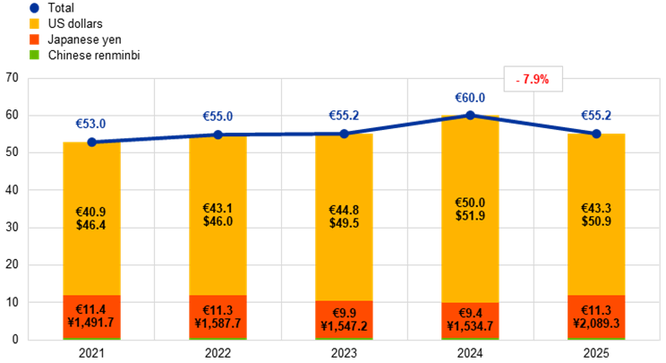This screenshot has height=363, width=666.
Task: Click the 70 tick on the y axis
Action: (12, 78)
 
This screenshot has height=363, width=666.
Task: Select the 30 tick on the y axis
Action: (12, 228)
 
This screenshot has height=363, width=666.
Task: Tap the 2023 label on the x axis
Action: (344, 353)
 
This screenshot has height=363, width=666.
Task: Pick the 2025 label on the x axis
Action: (596, 353)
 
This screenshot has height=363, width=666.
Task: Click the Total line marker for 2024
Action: (470, 115)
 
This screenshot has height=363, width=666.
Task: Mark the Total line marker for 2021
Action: (91, 142)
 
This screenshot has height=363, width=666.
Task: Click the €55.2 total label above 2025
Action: (596, 116)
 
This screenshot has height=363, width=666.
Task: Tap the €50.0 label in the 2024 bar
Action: (470, 205)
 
